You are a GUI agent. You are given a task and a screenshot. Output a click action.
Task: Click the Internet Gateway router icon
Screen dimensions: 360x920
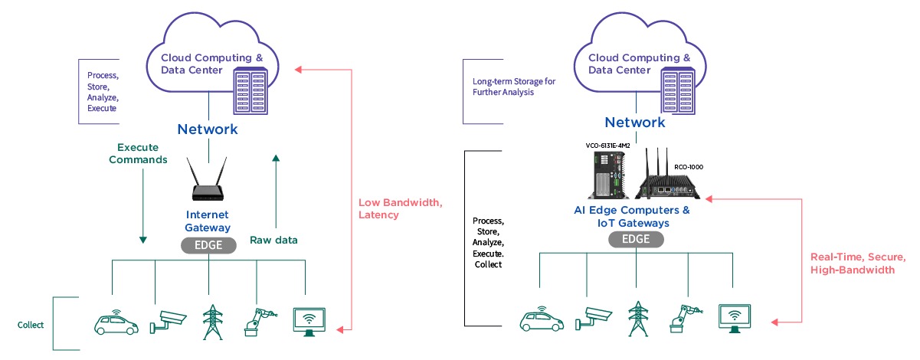208,183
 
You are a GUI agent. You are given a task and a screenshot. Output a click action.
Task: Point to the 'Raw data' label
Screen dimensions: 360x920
273,240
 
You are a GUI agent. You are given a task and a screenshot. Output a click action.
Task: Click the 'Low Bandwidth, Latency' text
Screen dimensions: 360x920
400,209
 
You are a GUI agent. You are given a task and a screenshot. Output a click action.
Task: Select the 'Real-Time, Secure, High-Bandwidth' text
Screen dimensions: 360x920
858,263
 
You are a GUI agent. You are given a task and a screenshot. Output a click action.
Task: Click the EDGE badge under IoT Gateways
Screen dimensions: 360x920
637,239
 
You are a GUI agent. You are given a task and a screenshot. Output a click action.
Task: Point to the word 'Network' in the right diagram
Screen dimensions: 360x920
635,123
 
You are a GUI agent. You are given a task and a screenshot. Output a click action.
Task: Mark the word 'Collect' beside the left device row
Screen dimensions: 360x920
31,325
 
